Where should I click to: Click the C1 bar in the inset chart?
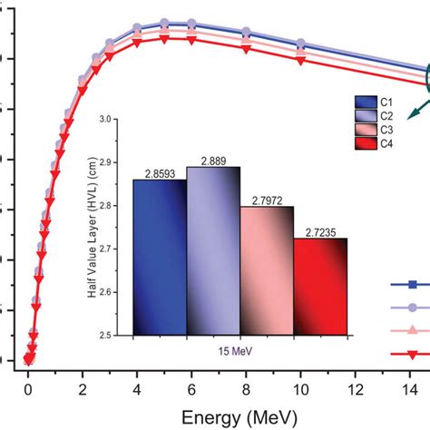[x=159, y=257]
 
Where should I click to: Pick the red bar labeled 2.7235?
[x=320, y=287]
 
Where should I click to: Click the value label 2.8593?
[x=159, y=172]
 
